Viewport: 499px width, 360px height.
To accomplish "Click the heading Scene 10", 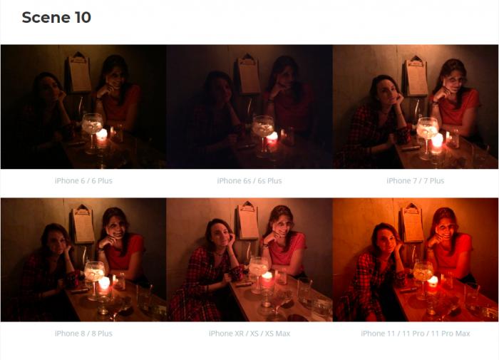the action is point(56,17).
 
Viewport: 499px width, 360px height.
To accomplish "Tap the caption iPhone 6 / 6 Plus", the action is point(83,181).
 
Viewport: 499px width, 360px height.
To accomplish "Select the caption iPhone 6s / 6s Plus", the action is point(249,181).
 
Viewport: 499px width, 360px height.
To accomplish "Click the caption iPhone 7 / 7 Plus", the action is point(416,181).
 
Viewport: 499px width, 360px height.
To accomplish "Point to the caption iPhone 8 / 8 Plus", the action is point(83,334).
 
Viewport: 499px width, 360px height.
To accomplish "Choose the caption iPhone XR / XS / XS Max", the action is point(249,334).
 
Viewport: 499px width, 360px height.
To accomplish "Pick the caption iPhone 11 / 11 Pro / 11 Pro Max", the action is point(416,334).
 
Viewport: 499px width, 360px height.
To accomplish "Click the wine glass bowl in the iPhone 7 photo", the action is point(428,128).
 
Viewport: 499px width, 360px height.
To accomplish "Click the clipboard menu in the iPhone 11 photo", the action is point(412,222).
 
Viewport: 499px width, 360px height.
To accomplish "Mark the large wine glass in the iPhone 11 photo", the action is point(423,279).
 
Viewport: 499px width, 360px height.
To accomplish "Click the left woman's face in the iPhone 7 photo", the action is point(386,92).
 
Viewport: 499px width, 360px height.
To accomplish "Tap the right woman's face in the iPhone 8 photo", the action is point(117,227).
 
